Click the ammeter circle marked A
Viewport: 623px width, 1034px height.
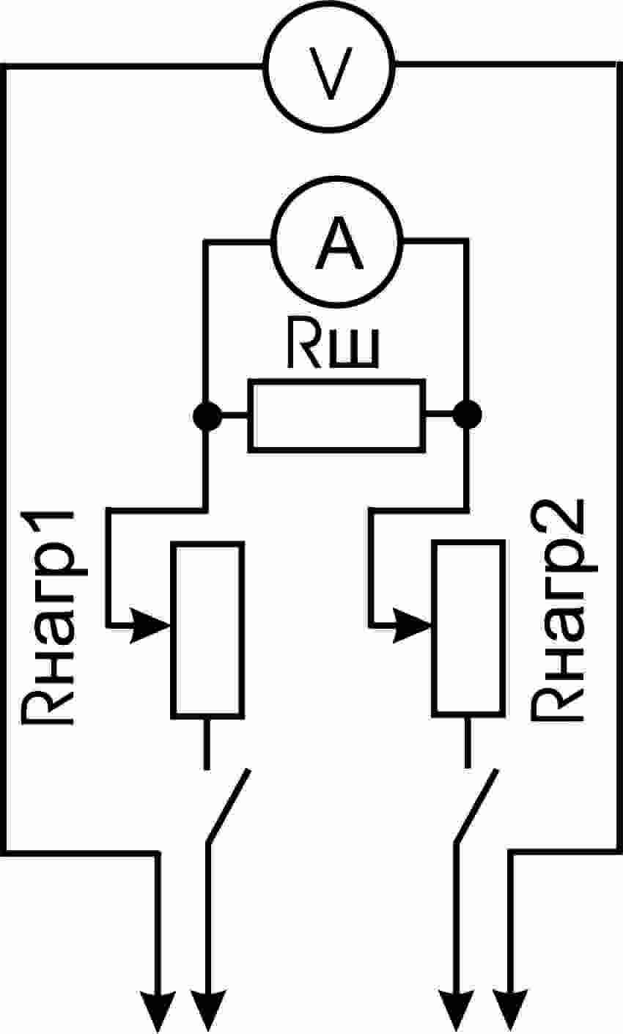click(x=338, y=242)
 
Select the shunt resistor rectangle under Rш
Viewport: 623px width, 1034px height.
click(x=337, y=415)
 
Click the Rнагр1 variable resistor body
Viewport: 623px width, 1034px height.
click(x=207, y=629)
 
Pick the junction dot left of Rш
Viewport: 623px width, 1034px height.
click(x=207, y=416)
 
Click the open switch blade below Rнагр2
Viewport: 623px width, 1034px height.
click(x=476, y=806)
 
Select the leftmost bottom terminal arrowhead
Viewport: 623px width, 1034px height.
click(x=157, y=1011)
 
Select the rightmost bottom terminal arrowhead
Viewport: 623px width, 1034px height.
click(x=511, y=1011)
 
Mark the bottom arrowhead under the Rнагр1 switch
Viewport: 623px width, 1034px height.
click(x=208, y=1011)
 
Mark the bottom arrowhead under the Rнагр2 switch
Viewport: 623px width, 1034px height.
click(x=458, y=1011)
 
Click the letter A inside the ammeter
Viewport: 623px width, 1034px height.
click(x=339, y=245)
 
